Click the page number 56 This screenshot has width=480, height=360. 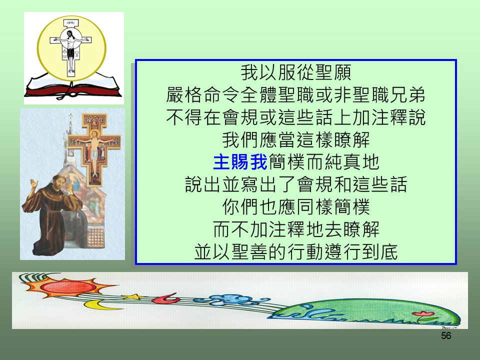point(446,335)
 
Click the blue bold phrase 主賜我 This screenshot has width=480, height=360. point(240,162)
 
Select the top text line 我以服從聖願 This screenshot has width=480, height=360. point(295,72)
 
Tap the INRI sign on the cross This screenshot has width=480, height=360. point(70,22)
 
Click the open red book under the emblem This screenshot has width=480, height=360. point(73,86)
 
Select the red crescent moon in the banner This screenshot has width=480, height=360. point(166,299)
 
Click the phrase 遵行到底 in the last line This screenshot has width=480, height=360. point(361,252)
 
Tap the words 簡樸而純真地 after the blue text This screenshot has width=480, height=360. point(324,162)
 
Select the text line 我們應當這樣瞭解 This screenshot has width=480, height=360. point(295,139)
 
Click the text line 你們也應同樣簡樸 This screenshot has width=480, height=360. point(295,207)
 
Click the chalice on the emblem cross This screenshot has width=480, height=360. point(76,54)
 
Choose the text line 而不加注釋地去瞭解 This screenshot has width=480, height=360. point(295,229)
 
